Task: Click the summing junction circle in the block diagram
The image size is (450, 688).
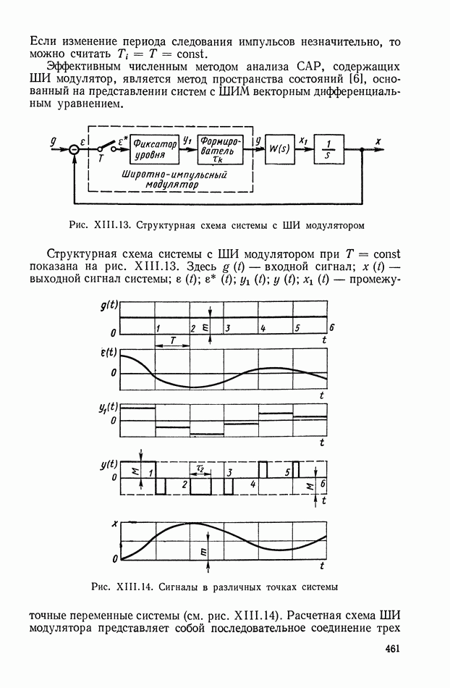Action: tap(75, 150)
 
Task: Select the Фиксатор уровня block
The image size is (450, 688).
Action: tap(155, 149)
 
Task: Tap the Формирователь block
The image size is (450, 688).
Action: tap(221, 149)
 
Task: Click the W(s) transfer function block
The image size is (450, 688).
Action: tap(279, 149)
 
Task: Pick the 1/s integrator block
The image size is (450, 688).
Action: tap(328, 149)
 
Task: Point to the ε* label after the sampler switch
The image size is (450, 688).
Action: tap(123, 140)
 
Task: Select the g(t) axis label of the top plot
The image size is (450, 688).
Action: tap(109, 306)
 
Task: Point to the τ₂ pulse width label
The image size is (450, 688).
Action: tap(200, 468)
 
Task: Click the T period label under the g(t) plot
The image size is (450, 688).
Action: tap(173, 341)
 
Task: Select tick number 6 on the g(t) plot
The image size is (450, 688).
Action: tap(331, 328)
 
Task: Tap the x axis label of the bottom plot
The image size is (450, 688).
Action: tap(115, 523)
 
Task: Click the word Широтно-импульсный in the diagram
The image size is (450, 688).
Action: tap(174, 175)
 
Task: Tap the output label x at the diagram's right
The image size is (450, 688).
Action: tap(378, 140)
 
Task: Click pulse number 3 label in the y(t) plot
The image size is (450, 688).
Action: tap(229, 472)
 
